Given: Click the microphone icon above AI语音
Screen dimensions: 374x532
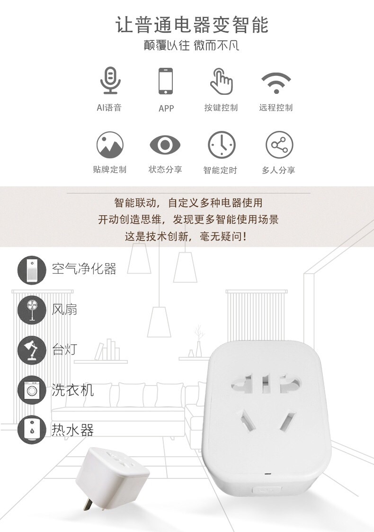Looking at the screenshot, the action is pyautogui.click(x=110, y=81).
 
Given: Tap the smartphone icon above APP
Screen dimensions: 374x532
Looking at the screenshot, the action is pyautogui.click(x=166, y=81).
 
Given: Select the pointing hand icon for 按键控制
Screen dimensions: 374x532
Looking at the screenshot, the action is pyautogui.click(x=221, y=81).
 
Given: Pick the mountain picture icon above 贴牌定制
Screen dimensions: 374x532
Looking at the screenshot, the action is pyautogui.click(x=110, y=145).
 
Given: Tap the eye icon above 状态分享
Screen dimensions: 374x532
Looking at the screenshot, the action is pyautogui.click(x=165, y=145).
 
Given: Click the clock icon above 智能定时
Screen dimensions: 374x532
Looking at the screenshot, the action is pyautogui.click(x=222, y=145).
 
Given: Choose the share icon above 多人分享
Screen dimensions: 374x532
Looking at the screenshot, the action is pyautogui.click(x=279, y=145).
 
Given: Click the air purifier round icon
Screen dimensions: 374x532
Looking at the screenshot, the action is pyautogui.click(x=32, y=270).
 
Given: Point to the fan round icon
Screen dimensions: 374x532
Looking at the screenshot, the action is pyautogui.click(x=32, y=310).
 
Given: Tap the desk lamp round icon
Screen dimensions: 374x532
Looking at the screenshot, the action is pyautogui.click(x=32, y=350).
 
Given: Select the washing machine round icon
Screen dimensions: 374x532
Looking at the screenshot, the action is pyautogui.click(x=32, y=390).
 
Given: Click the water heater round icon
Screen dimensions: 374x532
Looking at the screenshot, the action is pyautogui.click(x=32, y=430).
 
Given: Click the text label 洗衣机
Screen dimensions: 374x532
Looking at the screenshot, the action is pyautogui.click(x=73, y=390).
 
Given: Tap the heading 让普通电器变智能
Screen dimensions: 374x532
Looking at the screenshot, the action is pyautogui.click(x=192, y=25).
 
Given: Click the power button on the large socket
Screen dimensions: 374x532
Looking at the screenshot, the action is pyautogui.click(x=267, y=490).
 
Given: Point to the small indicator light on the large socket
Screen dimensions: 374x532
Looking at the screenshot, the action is pyautogui.click(x=269, y=473).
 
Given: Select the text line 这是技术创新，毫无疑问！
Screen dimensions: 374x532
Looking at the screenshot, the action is pyautogui.click(x=186, y=236).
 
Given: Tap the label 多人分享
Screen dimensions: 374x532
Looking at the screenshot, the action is pyautogui.click(x=278, y=170).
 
